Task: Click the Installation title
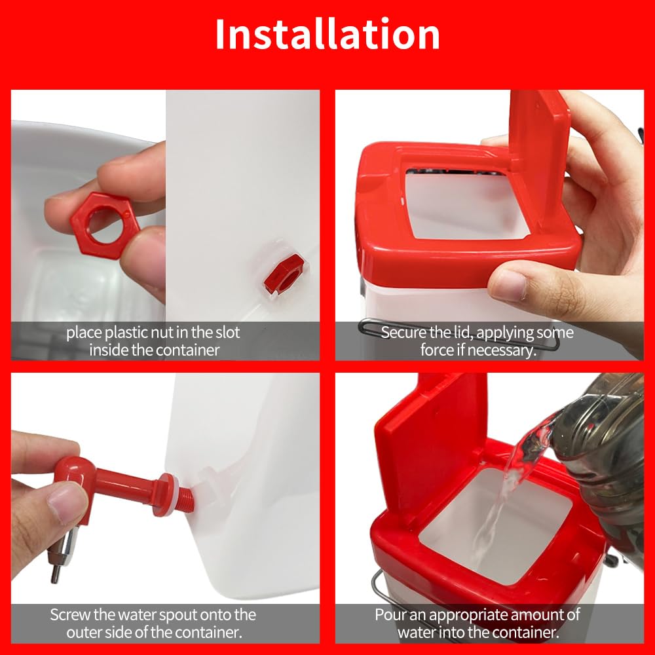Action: click(x=327, y=35)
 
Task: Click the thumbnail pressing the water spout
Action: click(x=63, y=503)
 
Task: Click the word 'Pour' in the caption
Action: click(x=390, y=615)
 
